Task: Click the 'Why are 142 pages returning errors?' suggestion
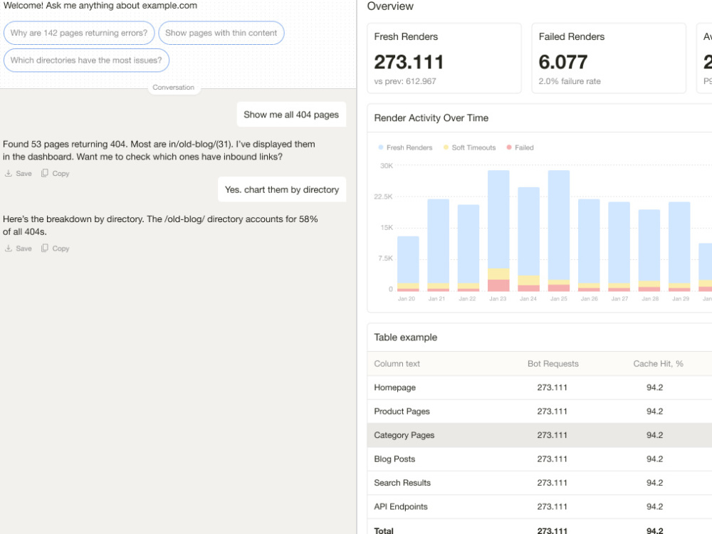[79, 33]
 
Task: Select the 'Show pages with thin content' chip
[221, 33]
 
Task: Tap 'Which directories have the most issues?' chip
[86, 61]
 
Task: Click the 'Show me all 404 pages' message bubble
[291, 115]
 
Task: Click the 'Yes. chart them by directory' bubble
[282, 189]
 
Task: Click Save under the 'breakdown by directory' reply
[19, 248]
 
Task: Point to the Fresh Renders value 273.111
[409, 62]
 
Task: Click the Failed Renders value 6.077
[563, 62]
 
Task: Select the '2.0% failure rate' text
[570, 81]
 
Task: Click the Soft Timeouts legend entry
[469, 147]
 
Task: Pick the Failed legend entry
[520, 147]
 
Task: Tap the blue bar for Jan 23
[498, 219]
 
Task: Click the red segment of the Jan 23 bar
[498, 286]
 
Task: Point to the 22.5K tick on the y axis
[383, 197]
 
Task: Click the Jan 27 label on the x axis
[619, 299]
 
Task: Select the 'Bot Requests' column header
[553, 364]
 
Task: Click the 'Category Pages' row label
[404, 435]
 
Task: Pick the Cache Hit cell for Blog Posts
[654, 459]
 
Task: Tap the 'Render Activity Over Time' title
[431, 118]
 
